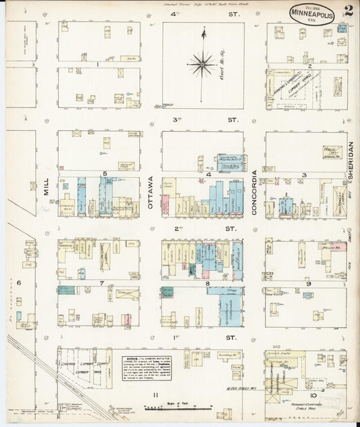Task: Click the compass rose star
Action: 202,65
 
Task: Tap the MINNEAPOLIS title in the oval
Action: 312,14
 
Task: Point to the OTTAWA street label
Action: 151,193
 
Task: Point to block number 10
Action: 313,395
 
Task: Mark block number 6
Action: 19,283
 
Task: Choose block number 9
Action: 307,284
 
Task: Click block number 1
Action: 98,65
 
